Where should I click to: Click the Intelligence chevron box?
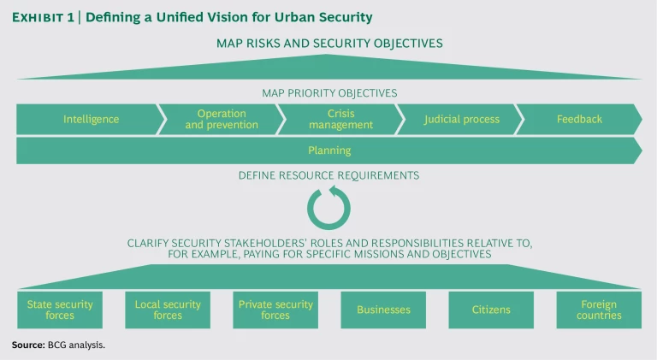[x=91, y=119]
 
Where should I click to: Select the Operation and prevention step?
[x=221, y=119]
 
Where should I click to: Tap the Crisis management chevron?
[x=339, y=119]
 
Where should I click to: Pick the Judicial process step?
[x=461, y=119]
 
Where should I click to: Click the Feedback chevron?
[x=579, y=119]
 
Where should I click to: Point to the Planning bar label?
[x=329, y=150]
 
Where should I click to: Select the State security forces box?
[x=60, y=310]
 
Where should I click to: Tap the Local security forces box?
[x=168, y=310]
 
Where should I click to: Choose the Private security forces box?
[x=275, y=310]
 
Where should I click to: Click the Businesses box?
[x=383, y=310]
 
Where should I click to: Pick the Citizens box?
[x=491, y=310]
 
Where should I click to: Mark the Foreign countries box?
[x=599, y=310]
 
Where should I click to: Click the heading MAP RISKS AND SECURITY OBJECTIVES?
[x=329, y=43]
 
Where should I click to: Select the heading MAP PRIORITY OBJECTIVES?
[x=329, y=92]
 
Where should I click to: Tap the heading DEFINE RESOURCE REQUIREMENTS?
[x=329, y=175]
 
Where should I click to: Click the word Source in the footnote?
[x=28, y=345]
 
